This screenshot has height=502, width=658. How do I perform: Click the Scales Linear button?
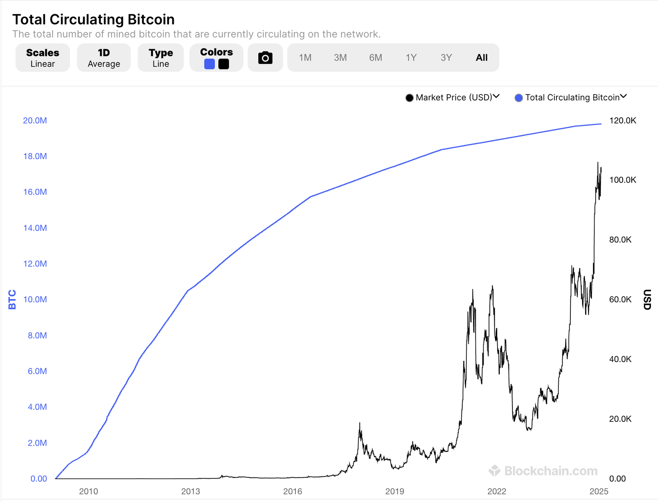pos(42,58)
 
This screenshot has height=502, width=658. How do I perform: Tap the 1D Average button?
pos(104,58)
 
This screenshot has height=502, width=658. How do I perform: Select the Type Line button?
pos(160,58)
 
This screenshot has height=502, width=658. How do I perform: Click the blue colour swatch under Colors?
pos(209,64)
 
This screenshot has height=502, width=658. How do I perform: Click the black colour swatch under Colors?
pos(224,64)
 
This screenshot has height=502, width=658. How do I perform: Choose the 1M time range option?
pos(305,58)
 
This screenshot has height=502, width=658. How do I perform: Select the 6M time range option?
pos(375,58)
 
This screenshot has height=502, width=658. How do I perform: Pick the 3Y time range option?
pos(446,58)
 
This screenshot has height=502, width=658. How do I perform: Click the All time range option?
pos(482,58)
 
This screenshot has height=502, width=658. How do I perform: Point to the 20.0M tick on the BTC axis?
pos(35,121)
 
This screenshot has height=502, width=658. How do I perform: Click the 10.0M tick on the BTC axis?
pos(35,300)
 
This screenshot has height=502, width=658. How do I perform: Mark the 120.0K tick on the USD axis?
pos(623,121)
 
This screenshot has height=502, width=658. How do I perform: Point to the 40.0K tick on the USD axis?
pos(620,359)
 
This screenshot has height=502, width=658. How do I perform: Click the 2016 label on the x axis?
pos(292,491)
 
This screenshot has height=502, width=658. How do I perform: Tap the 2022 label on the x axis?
pos(497,491)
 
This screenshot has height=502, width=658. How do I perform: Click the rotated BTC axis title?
pos(12,300)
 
